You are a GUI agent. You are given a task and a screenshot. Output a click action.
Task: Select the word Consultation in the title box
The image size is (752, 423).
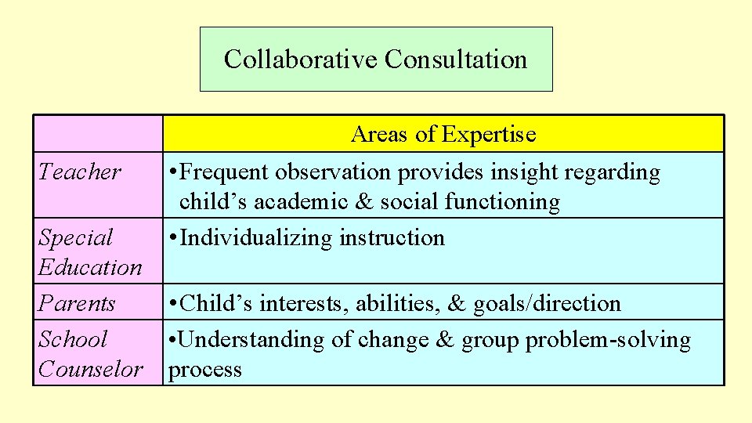coord(456,60)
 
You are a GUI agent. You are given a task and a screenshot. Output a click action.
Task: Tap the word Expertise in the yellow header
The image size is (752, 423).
coord(488,135)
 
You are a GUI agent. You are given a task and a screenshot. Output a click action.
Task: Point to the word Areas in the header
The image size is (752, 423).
coord(381,135)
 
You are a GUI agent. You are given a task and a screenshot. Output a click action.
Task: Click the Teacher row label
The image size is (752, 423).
coord(79,172)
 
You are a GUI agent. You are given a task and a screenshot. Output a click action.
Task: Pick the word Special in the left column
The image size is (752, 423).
coord(75,237)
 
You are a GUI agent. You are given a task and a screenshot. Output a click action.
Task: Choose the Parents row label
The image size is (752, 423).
coord(77,303)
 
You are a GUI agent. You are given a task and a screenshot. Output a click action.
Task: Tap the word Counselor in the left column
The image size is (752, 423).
coord(90,369)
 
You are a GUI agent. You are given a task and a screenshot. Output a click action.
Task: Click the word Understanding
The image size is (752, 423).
coord(243,340)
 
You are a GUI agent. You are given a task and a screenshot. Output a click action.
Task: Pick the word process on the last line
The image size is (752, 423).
coord(205,370)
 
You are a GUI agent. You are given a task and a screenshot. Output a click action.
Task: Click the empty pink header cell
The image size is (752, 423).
coord(98,134)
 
